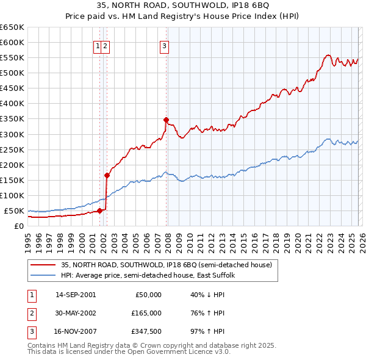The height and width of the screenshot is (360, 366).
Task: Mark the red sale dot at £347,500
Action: pos(167,120)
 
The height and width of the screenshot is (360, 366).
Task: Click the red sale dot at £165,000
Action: pos(107,175)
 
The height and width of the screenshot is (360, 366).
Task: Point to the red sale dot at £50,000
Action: pos(99,211)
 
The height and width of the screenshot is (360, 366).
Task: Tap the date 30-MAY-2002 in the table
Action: pos(76,313)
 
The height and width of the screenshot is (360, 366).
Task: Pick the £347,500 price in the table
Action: pos(146,332)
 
